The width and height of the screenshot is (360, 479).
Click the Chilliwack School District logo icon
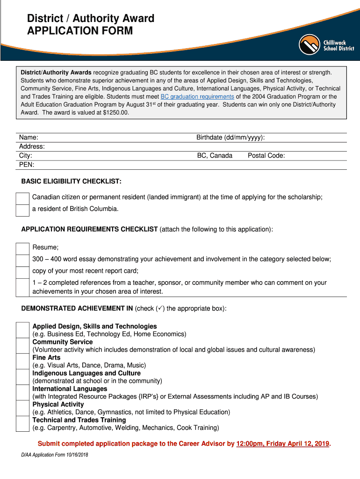click(x=310, y=45)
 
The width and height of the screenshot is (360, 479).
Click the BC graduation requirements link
click(x=197, y=97)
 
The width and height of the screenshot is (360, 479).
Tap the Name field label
click(x=29, y=138)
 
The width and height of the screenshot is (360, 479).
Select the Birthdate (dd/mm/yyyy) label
click(x=230, y=138)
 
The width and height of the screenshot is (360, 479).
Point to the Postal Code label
click(x=266, y=155)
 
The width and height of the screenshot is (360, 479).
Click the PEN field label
click(x=27, y=165)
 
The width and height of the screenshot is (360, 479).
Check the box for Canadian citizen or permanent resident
click(x=22, y=198)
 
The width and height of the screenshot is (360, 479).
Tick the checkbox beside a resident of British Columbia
click(x=22, y=210)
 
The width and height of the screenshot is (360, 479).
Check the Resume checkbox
click(x=22, y=248)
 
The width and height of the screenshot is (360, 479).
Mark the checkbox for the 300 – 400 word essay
click(x=22, y=260)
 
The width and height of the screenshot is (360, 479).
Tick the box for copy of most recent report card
click(x=22, y=272)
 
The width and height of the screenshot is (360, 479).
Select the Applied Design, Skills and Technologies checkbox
click(x=22, y=330)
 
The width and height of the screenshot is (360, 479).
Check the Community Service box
click(x=22, y=346)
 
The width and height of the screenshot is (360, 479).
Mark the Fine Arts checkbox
click(x=22, y=361)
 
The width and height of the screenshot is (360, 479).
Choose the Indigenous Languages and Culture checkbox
click(x=22, y=377)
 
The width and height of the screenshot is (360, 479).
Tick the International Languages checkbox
click(x=22, y=392)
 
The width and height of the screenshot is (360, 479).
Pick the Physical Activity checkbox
click(x=22, y=408)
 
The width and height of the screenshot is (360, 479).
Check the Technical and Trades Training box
click(x=22, y=423)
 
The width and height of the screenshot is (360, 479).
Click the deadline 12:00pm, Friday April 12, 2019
click(x=283, y=443)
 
